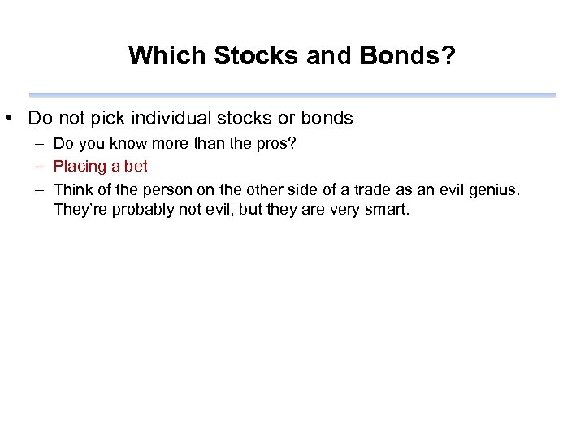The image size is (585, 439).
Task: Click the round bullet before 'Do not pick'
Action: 7,119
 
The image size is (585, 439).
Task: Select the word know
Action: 132,144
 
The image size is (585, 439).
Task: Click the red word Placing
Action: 80,167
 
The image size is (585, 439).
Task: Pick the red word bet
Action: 135,167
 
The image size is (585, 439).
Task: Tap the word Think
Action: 72,189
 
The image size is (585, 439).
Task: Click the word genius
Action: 495,189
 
